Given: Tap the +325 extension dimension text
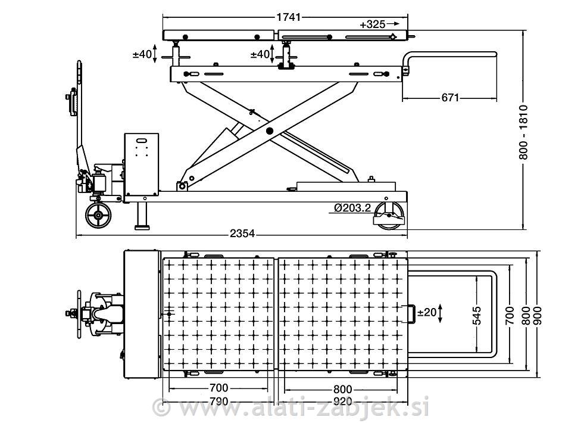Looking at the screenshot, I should click(x=372, y=24).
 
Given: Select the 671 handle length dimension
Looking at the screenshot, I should click(x=450, y=98).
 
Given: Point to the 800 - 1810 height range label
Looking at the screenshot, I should click(x=523, y=132).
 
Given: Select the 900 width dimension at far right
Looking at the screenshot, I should click(x=538, y=311).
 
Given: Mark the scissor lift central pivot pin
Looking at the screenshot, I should click(x=269, y=130).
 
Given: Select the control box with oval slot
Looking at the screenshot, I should click(x=142, y=164).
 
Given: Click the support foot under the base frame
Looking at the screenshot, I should click(x=142, y=216).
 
